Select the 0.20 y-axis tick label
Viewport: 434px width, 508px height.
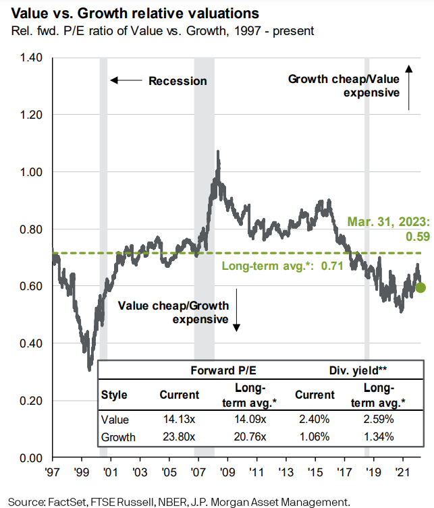[x=30, y=401]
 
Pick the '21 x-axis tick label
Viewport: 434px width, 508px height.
[x=404, y=472]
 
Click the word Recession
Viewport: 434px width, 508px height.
[x=178, y=81]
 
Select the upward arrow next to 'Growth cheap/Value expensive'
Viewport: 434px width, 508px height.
[x=409, y=87]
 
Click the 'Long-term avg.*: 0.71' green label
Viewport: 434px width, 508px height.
[x=274, y=266]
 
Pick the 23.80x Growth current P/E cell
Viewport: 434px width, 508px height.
[x=179, y=437]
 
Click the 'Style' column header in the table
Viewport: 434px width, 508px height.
[x=114, y=395]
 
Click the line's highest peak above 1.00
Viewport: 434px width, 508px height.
[x=217, y=152]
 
